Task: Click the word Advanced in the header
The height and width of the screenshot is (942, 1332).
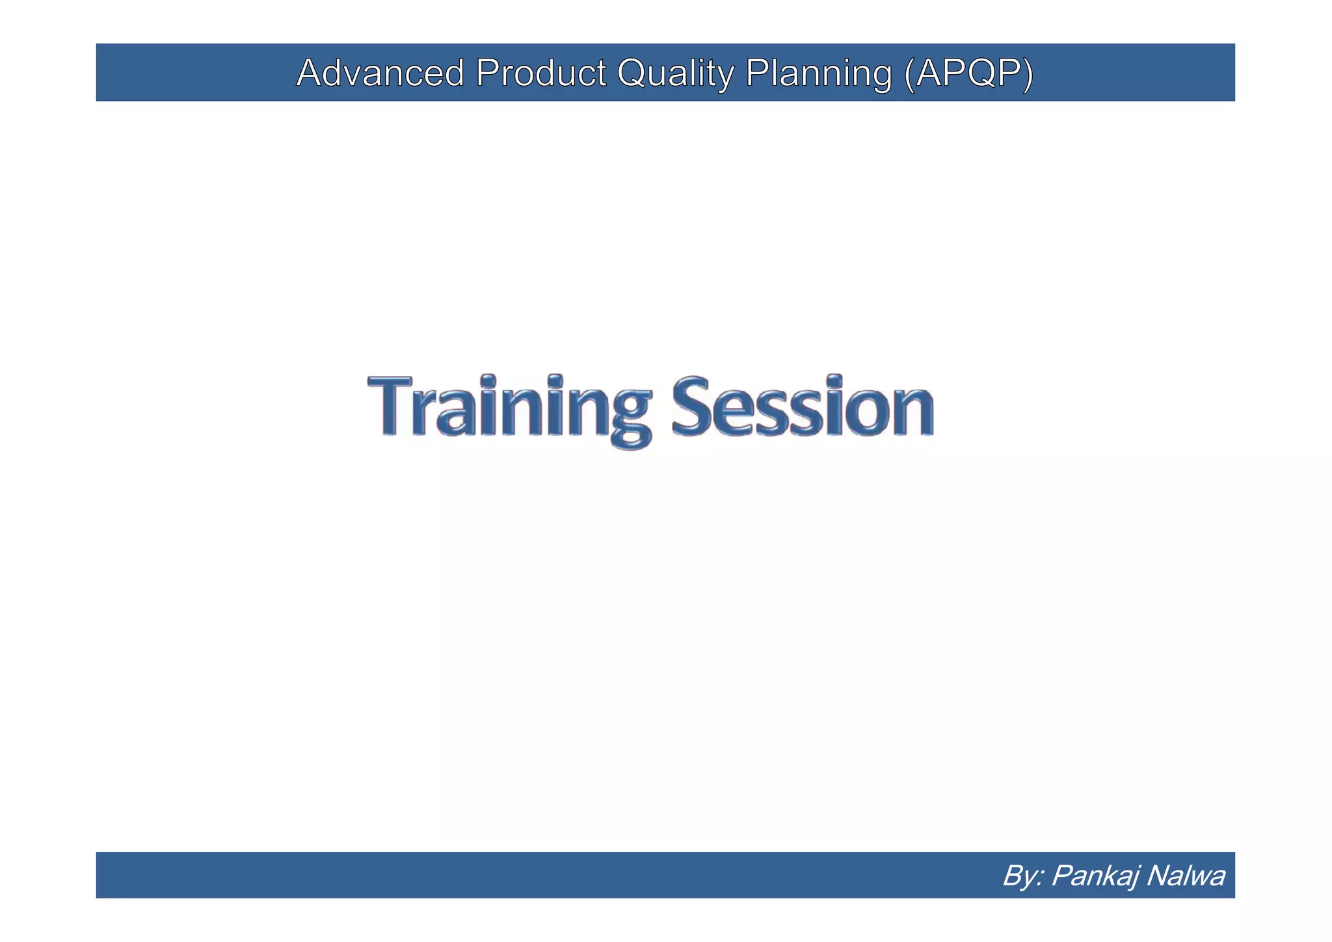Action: pyautogui.click(x=380, y=73)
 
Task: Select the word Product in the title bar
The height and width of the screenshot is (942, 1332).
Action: pyautogui.click(x=540, y=73)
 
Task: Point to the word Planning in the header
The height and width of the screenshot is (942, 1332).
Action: pyautogui.click(x=818, y=73)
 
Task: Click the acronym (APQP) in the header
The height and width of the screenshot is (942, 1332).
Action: pyautogui.click(x=968, y=73)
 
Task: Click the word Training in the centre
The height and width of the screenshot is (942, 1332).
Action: pyautogui.click(x=509, y=407)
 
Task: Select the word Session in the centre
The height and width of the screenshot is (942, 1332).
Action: pyautogui.click(x=803, y=407)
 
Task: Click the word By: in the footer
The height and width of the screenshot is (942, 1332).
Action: pyautogui.click(x=1022, y=876)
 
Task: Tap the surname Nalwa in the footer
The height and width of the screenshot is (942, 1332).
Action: pyautogui.click(x=1185, y=876)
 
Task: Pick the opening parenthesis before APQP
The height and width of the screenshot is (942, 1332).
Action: pyautogui.click(x=909, y=74)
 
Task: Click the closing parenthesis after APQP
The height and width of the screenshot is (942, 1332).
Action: pyautogui.click(x=1027, y=74)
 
